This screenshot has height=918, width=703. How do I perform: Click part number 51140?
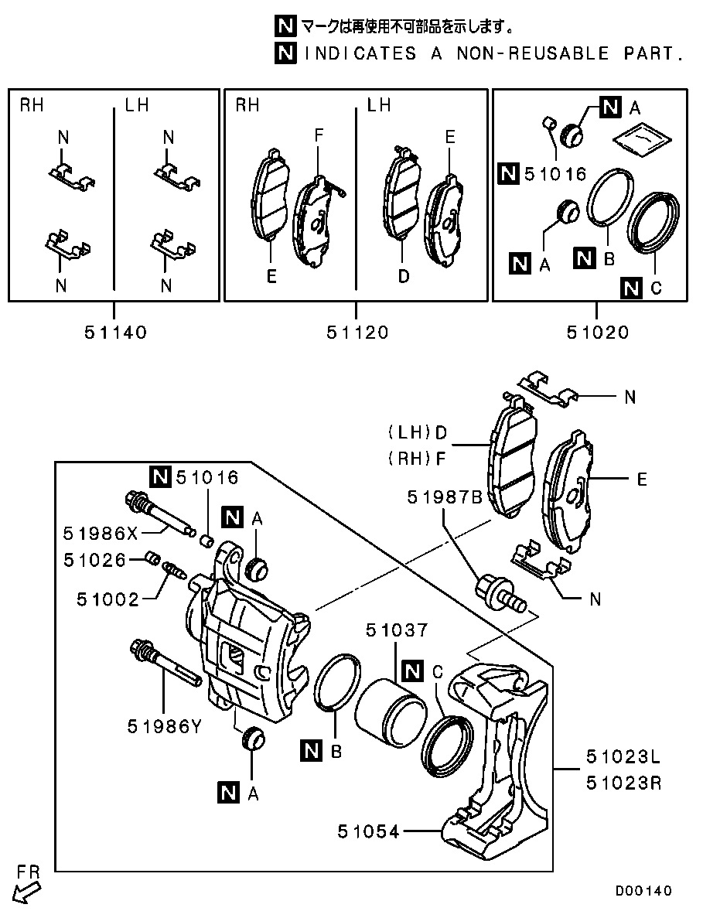pos(115,333)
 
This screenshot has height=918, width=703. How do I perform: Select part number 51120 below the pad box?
pos(357,333)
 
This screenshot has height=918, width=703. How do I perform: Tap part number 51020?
pos(598,333)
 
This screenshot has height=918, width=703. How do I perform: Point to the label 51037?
pos(397,630)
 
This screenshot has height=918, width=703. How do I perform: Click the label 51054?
pos(368,831)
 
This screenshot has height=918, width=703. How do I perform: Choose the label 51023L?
pos(623,757)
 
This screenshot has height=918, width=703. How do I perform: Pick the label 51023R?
pos(623,783)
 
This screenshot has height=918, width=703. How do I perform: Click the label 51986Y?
pos(165,726)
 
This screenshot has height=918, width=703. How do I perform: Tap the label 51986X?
pos(100,534)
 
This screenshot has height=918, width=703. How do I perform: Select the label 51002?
pos(108,599)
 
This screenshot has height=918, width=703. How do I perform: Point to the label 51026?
pos(95,560)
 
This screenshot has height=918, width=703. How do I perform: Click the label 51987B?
pos(445,497)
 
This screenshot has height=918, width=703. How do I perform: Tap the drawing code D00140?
pos(643,891)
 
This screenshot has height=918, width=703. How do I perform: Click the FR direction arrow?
pos(27,892)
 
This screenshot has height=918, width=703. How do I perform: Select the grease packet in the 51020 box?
pos(642,138)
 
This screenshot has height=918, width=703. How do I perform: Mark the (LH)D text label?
pos(418,433)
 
